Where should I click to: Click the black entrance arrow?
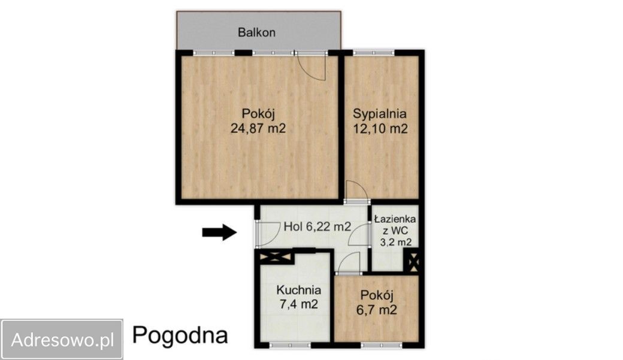219,232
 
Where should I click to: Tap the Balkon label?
256,32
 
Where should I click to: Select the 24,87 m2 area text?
258,128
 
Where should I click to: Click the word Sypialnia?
380,113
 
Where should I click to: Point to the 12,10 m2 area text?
380,128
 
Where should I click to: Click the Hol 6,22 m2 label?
317,226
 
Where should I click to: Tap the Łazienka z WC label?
395,225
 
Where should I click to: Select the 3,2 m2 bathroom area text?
396,243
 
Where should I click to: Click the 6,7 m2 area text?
377,310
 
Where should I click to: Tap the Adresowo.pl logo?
62,340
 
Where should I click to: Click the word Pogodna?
180,335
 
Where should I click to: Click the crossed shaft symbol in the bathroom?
412,262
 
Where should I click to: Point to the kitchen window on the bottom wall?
289,345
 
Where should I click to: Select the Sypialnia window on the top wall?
371,53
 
